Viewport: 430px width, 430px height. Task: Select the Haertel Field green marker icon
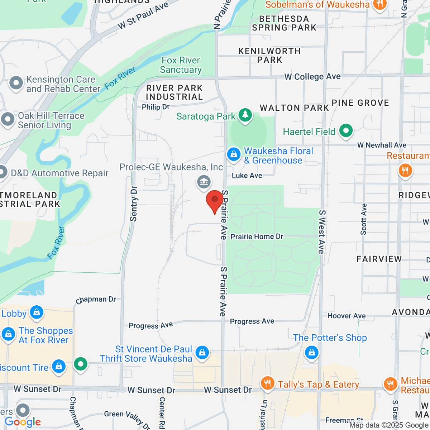[346, 131]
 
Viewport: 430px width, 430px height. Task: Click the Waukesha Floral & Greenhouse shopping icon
[234, 155]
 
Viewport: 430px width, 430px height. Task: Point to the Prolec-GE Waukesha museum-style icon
[204, 182]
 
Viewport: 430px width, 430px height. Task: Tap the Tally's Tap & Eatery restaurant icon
[267, 383]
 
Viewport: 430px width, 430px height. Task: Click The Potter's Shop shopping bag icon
[311, 352]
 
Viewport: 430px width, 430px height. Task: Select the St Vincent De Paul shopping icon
[202, 352]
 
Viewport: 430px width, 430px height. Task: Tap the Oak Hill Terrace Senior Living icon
[8, 119]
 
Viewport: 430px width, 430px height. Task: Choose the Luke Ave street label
[247, 176]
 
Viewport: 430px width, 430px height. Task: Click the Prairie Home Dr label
[257, 236]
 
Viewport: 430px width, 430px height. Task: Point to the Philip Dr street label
[156, 107]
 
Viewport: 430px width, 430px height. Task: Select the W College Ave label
[312, 76]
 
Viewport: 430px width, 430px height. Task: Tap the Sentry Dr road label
[133, 204]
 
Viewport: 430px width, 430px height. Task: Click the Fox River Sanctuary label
[181, 65]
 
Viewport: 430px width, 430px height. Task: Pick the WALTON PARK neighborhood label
[294, 108]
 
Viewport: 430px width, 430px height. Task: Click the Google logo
[22, 422]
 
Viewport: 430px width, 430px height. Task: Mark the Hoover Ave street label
[347, 316]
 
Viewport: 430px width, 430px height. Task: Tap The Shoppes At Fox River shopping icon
[8, 334]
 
